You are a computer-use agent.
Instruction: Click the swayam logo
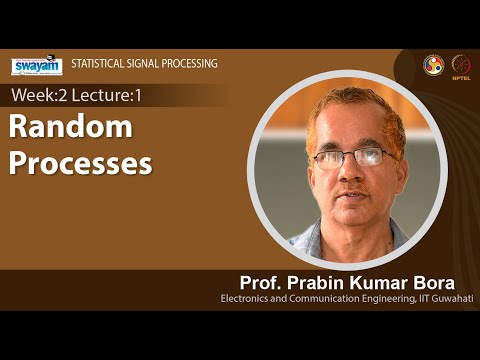coord(37,65)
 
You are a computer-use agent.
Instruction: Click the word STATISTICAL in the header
coord(98,65)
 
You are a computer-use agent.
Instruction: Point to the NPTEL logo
coord(461,65)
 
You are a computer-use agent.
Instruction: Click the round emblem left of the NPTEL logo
coord(433,65)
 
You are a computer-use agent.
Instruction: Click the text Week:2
coord(40,95)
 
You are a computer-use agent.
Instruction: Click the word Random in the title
coord(71,127)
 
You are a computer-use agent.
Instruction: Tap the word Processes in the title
coord(81,162)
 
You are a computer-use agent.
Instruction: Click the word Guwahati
coord(451,299)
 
